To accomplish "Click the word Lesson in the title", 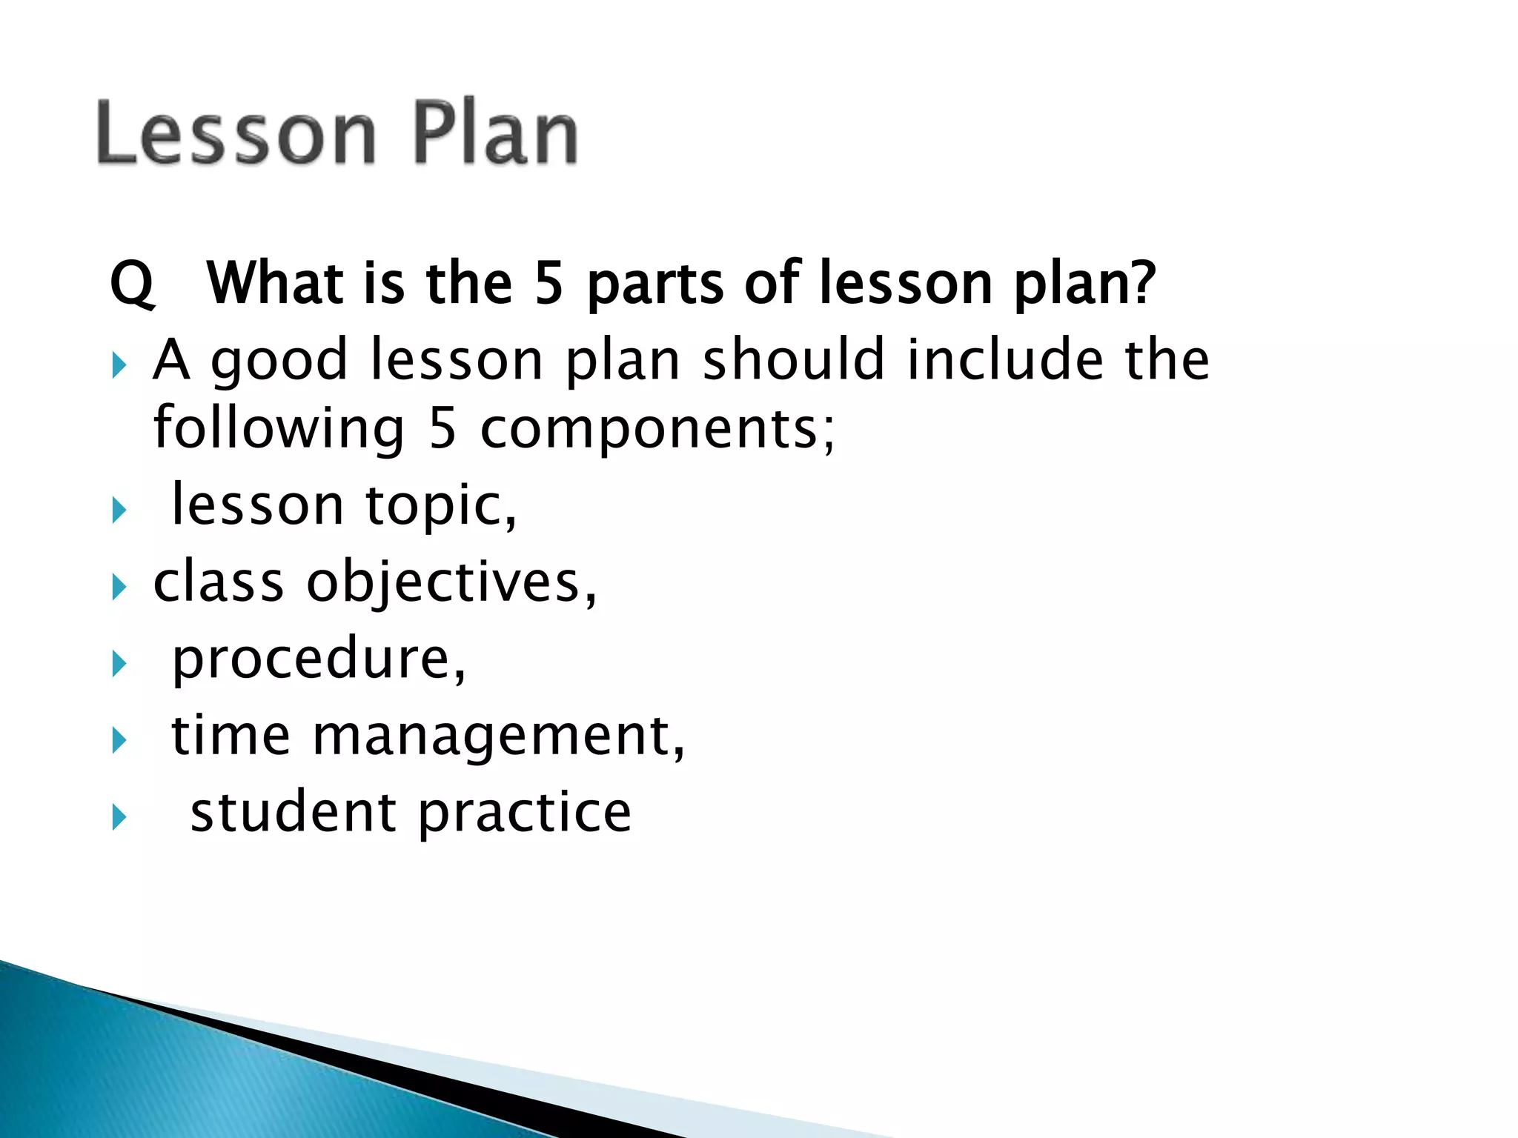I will (236, 133).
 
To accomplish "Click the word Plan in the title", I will (494, 133).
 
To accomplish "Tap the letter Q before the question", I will (132, 284).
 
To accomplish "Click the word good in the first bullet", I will (279, 362).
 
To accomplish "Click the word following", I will (279, 430).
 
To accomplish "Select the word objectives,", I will (452, 584).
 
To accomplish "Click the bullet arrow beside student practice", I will (119, 818).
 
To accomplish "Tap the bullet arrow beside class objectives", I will (119, 588).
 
